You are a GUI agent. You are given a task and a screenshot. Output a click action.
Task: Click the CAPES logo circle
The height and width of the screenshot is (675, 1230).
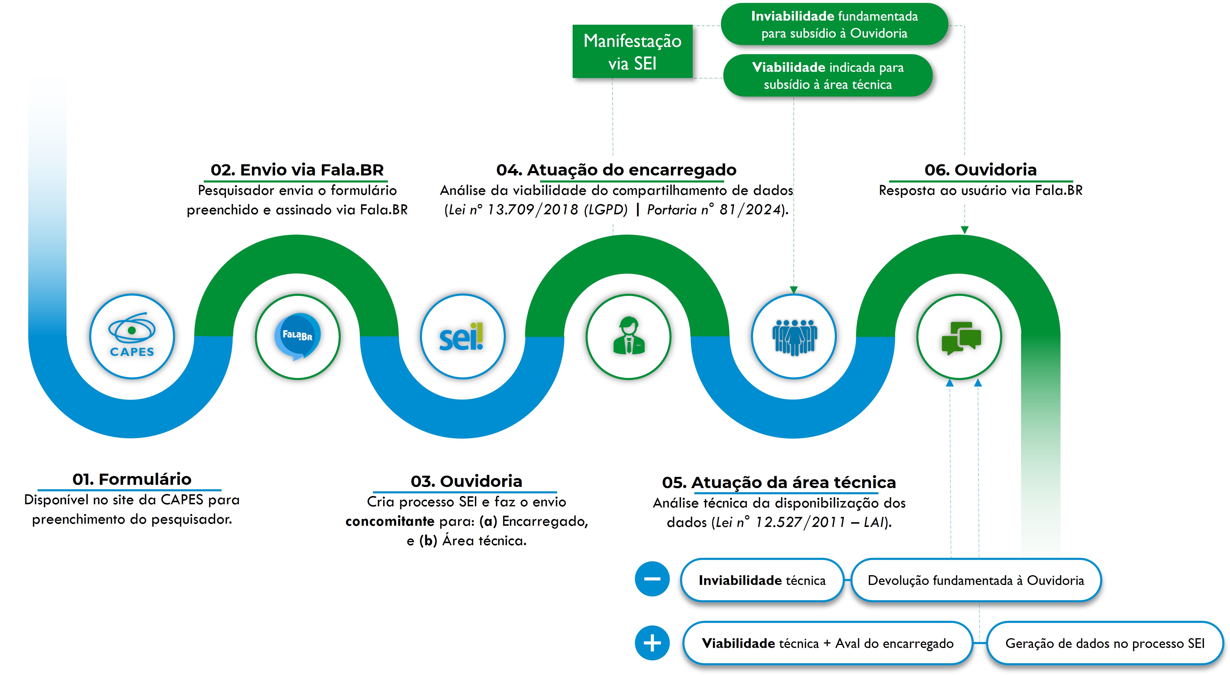click(132, 336)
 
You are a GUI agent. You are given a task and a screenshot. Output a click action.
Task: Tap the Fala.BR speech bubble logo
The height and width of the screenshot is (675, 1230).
click(297, 336)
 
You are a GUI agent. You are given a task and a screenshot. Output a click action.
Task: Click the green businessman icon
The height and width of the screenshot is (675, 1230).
click(628, 336)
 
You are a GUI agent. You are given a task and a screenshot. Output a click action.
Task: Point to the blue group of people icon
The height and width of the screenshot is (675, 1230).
click(794, 336)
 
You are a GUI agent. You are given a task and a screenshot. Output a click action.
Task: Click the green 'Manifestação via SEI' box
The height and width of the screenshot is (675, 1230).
click(632, 52)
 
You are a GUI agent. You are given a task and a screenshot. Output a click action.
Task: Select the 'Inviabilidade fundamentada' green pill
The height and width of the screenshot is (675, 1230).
click(834, 24)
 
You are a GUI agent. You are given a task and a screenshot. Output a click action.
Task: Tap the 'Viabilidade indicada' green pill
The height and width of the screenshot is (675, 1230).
click(827, 75)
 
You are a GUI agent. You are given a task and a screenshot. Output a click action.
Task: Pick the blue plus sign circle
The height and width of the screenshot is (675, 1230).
click(652, 643)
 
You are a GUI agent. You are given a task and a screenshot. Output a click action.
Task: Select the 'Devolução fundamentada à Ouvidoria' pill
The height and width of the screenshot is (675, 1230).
click(975, 580)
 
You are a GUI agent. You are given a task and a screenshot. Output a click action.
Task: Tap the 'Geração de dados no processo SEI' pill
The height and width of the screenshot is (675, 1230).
click(1104, 643)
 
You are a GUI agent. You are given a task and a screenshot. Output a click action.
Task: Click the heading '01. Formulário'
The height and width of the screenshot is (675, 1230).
click(132, 479)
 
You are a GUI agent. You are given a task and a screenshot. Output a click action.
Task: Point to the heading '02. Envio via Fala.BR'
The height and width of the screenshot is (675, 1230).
click(297, 170)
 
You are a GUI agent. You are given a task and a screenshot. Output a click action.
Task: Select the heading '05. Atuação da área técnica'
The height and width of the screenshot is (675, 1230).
click(779, 482)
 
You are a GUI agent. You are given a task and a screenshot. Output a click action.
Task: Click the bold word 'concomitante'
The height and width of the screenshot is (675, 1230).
click(390, 521)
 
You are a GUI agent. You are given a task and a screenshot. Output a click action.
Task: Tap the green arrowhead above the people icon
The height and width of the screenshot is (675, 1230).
click(794, 289)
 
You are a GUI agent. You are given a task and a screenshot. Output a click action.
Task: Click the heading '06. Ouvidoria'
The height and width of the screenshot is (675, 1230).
click(980, 170)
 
